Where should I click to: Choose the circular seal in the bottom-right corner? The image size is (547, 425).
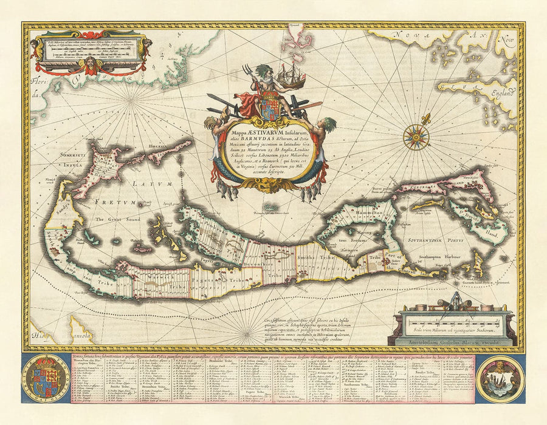tap(500, 378)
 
